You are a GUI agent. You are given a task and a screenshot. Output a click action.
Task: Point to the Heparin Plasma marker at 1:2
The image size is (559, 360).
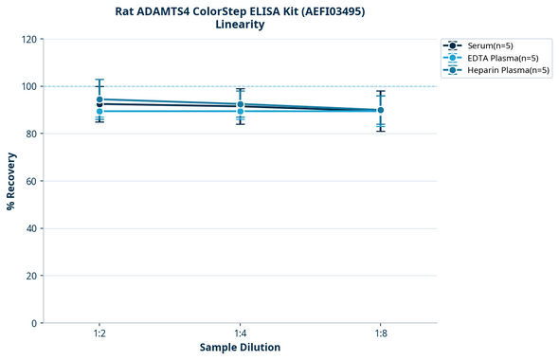pyautogui.click(x=99, y=99)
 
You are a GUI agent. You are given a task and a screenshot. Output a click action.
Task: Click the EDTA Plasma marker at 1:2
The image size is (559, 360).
pyautogui.click(x=99, y=112)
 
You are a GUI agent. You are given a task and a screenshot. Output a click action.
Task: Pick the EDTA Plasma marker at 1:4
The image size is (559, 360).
pyautogui.click(x=241, y=112)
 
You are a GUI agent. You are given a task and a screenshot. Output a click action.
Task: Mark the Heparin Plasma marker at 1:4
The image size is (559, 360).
pyautogui.click(x=241, y=104)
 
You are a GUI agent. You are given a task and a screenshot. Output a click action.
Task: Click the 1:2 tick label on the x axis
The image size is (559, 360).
pyautogui.click(x=99, y=333)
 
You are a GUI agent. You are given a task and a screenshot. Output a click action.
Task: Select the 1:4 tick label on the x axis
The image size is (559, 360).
pyautogui.click(x=241, y=333)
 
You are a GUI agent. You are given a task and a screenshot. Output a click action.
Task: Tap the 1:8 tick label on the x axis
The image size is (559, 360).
pyautogui.click(x=381, y=333)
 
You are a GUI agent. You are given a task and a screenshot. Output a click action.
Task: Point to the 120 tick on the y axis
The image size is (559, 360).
pyautogui.click(x=29, y=39)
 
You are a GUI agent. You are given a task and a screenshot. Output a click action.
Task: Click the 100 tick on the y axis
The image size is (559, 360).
pyautogui.click(x=29, y=86)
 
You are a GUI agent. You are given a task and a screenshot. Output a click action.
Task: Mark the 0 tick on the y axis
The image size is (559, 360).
pyautogui.click(x=35, y=323)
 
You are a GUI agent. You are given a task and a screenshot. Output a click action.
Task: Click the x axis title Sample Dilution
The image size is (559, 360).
pyautogui.click(x=240, y=348)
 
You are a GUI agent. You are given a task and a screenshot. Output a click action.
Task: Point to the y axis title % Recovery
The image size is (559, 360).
pyautogui.click(x=11, y=181)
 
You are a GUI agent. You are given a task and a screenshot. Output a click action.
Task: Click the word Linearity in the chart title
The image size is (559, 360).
pyautogui.click(x=240, y=25)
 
